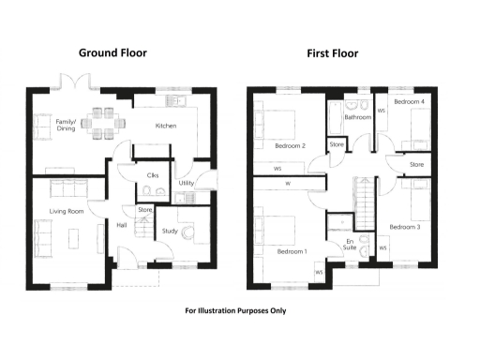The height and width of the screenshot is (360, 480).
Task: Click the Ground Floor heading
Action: [x=112, y=53]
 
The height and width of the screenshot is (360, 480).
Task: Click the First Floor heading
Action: [x=332, y=53]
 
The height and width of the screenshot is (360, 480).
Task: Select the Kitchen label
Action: [x=166, y=125]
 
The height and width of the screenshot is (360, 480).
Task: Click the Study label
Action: [x=170, y=231]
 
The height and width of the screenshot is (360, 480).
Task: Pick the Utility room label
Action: [x=186, y=184]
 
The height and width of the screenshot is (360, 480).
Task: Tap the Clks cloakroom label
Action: [x=151, y=175]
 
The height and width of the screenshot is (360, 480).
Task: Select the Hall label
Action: [x=122, y=225]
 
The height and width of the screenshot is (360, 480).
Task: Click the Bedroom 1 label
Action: [x=292, y=251]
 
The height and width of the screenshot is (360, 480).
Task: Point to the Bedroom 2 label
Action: [x=291, y=145]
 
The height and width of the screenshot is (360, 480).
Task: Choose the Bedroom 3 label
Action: [x=404, y=227]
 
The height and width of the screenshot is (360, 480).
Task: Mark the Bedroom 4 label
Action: [x=409, y=100]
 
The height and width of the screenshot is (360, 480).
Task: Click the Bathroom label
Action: [x=358, y=118]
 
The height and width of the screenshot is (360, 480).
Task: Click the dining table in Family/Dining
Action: [x=101, y=120]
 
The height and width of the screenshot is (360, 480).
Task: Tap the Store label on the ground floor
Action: [x=145, y=210]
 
